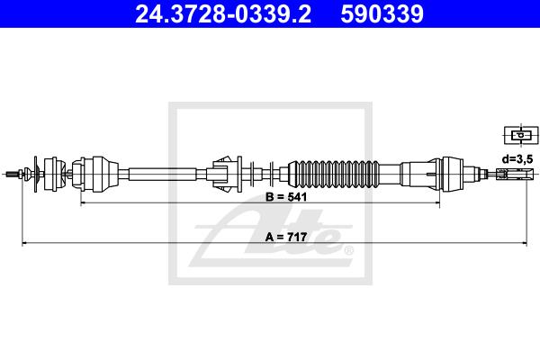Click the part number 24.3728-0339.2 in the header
(223, 14)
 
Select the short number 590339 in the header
(382, 14)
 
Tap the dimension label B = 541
(286, 197)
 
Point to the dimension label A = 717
(286, 237)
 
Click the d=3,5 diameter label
(517, 158)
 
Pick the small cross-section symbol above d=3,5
(521, 135)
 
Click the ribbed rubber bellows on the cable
(333, 174)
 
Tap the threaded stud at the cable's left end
(14, 174)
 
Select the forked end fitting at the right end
(515, 174)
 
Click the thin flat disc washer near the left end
(35, 174)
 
